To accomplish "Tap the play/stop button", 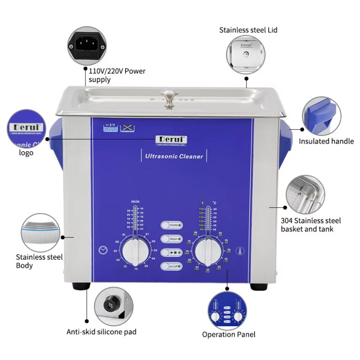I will pyautogui.click(x=171, y=252).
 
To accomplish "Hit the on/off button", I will pyautogui.click(x=171, y=266).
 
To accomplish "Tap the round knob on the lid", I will pyautogui.click(x=169, y=97).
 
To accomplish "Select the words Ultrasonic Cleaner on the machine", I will pyautogui.click(x=174, y=157).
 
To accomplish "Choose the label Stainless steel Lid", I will pyautogui.click(x=248, y=30).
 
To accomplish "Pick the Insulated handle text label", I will pyautogui.click(x=326, y=141).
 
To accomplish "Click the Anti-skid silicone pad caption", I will pyautogui.click(x=101, y=332).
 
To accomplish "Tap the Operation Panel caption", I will pyautogui.click(x=229, y=334).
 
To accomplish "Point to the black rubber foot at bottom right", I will pyautogui.click(x=258, y=286).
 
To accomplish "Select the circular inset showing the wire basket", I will pyautogui.click(x=305, y=195).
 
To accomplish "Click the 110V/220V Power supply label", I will pyautogui.click(x=117, y=75).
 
